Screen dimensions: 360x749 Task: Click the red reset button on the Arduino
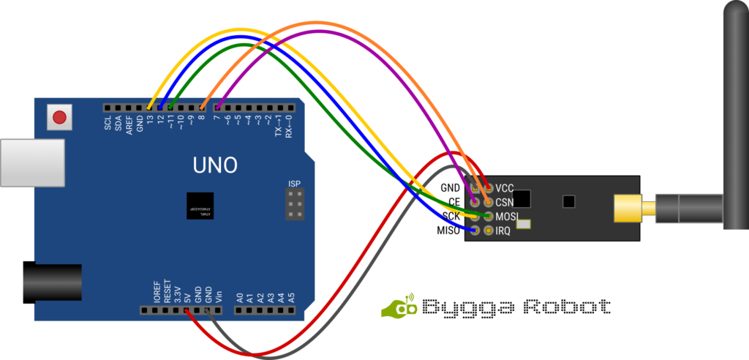59,116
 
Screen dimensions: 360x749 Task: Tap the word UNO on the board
215,165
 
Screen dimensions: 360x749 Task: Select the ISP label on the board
294,183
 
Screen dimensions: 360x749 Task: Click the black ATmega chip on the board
200,206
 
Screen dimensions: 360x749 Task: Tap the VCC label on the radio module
505,188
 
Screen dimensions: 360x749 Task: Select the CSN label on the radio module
505,202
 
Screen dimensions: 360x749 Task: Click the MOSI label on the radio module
507,217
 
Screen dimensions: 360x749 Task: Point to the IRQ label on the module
503,231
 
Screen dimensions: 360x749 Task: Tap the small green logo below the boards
399,307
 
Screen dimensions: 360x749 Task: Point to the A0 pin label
239,298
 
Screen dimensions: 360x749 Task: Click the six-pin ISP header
294,205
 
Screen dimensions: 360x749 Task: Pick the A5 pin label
291,298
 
